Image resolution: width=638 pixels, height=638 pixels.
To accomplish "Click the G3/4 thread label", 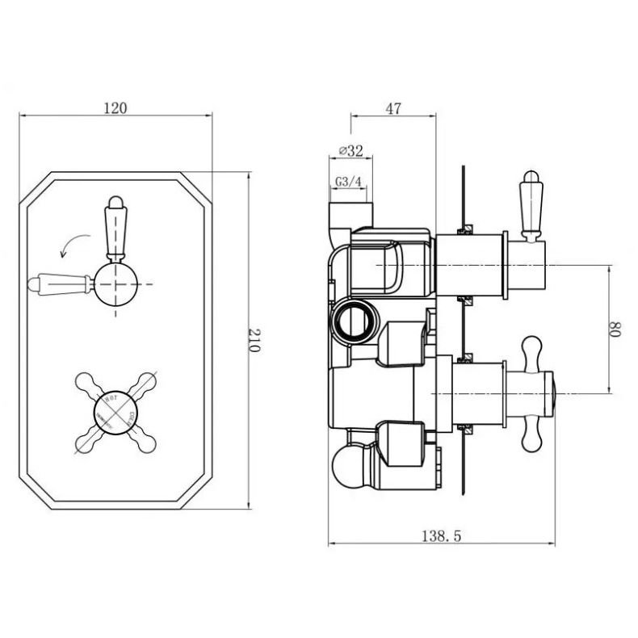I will [348, 182].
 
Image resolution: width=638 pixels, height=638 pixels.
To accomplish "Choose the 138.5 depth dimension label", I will [442, 535].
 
